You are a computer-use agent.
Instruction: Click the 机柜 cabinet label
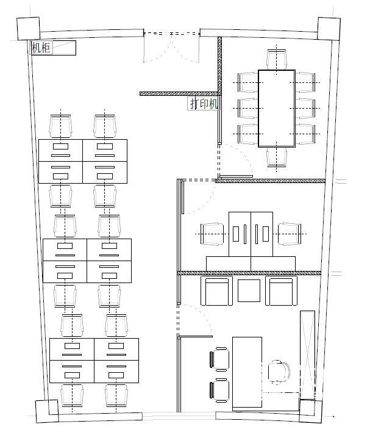coord(41,48)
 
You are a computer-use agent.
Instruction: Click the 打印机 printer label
coord(204,104)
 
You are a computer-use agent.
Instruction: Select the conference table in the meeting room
coord(276,108)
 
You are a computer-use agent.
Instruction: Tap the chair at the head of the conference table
coord(277,59)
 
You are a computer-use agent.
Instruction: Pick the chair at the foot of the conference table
coord(277,157)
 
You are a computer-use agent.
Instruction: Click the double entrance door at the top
coord(171,46)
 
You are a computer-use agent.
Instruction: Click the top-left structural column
coord(29,29)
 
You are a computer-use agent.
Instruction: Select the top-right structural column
coord(329,29)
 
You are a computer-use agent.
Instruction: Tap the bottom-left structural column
coord(47,411)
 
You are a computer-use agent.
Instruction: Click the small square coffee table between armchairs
coord(249,290)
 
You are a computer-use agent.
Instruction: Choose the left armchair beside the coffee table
coord(216,290)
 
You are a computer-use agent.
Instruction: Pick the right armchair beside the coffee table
coord(281,290)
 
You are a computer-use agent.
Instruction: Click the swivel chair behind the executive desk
coord(279,372)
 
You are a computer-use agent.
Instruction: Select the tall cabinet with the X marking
coord(307,355)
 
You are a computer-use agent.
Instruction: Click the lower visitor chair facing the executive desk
coord(219,390)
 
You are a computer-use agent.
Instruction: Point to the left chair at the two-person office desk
coord(212,234)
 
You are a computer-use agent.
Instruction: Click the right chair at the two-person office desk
coord(290,234)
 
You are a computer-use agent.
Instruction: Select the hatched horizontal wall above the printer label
coord(179,94)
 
